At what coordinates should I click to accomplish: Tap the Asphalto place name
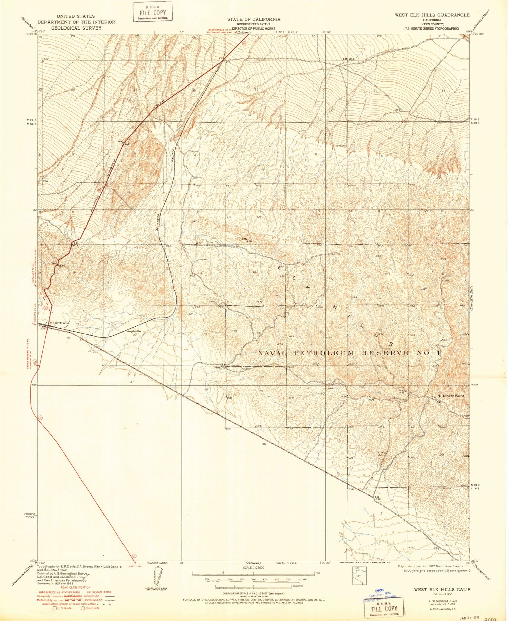[x=133, y=331]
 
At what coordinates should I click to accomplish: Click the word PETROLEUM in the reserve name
[x=325, y=353]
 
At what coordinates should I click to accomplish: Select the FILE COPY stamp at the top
[x=152, y=12]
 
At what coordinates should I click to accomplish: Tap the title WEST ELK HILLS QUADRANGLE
[x=432, y=15]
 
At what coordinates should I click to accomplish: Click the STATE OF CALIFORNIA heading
[x=254, y=19]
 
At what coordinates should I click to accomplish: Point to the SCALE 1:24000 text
[x=253, y=567]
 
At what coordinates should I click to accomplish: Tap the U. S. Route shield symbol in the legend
[x=54, y=608]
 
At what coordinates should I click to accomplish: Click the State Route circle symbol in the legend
[x=83, y=608]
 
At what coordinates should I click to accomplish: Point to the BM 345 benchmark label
[x=348, y=59]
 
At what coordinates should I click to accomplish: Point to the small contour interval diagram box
[x=358, y=575]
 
